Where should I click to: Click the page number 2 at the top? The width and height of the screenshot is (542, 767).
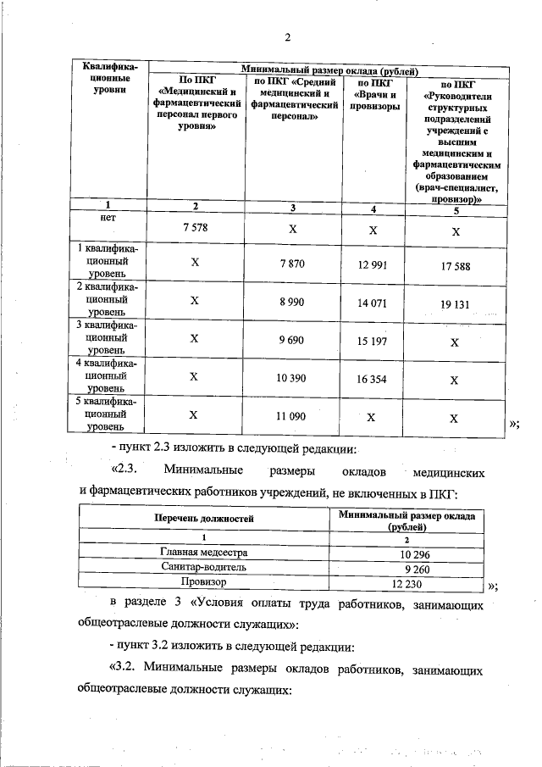coord(288,37)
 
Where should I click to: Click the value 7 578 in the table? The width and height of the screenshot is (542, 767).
coord(195,229)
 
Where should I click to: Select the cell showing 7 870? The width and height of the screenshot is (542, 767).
coord(290,264)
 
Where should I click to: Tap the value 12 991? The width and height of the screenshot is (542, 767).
coord(373,265)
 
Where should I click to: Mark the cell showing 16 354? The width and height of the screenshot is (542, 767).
coord(373,379)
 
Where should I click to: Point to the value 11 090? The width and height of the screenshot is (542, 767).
coord(290,415)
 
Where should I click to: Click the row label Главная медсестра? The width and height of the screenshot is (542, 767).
coord(204,553)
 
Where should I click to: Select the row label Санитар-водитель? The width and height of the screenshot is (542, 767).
coord(204,568)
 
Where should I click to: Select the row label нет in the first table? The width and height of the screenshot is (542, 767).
coord(107,218)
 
